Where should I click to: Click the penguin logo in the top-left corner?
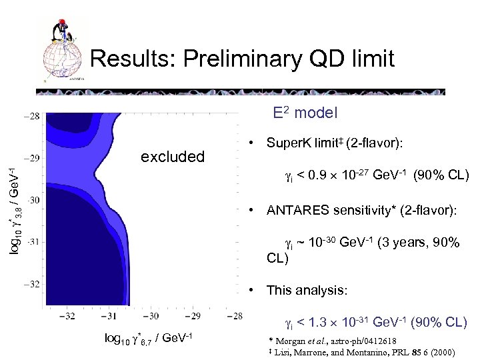click(x=64, y=50)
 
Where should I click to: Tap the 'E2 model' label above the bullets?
click(x=305, y=113)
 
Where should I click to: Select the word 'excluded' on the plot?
click(x=173, y=157)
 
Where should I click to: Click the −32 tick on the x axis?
click(x=67, y=315)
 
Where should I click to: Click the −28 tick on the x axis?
click(x=234, y=315)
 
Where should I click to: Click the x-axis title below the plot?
click(x=148, y=338)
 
